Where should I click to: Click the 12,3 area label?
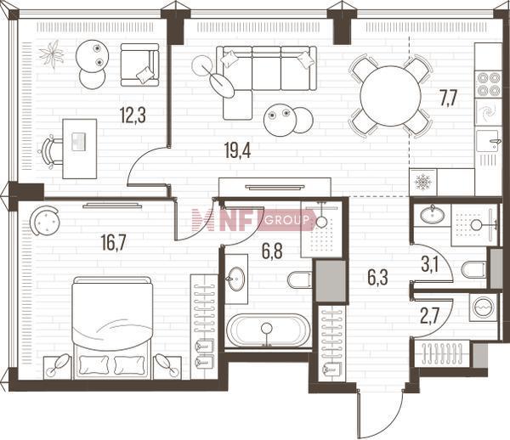(133, 116)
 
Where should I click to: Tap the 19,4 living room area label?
(237, 150)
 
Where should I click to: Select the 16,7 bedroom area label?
(114, 244)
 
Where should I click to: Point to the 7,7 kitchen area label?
(449, 99)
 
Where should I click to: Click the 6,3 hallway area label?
(377, 278)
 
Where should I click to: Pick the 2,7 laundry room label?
(430, 316)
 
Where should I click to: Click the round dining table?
(391, 96)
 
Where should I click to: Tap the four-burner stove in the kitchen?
(488, 84)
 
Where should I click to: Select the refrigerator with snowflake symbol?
(422, 182)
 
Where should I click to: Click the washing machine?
(484, 307)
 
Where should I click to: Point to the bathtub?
(268, 330)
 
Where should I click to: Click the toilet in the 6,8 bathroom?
(300, 279)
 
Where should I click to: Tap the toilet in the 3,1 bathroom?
(474, 269)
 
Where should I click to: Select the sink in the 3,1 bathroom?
(433, 215)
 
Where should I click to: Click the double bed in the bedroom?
(112, 328)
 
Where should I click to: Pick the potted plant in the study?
(51, 54)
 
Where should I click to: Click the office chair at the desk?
(51, 152)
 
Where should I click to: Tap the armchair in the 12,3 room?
(139, 65)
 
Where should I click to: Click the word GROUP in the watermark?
(286, 221)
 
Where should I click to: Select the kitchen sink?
(488, 141)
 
